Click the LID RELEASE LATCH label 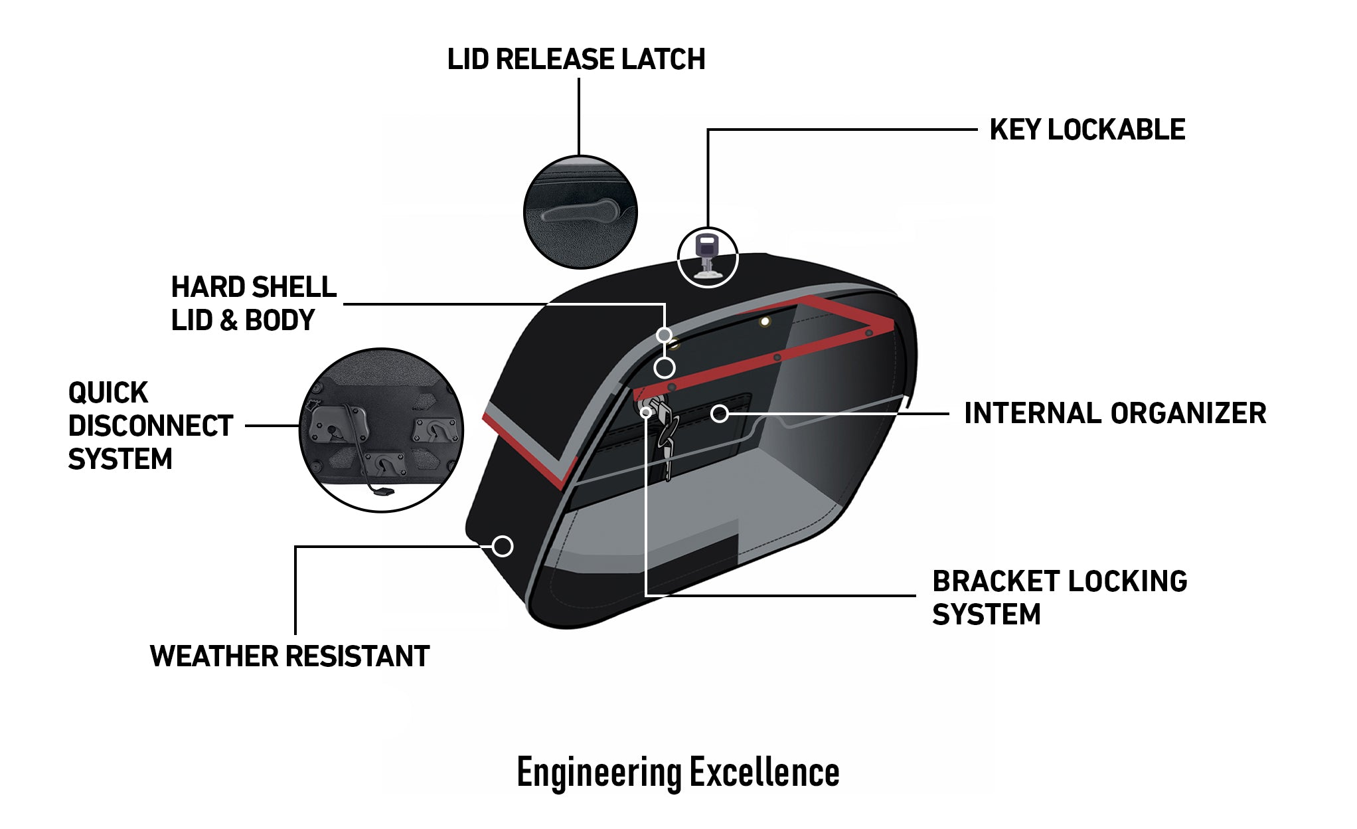(x=576, y=59)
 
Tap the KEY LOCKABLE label (x=1087, y=130)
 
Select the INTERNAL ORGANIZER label (x=1115, y=413)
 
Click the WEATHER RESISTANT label (x=289, y=656)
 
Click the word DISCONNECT (x=150, y=426)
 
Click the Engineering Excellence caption (x=678, y=773)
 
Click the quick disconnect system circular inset (x=381, y=430)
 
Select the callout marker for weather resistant (x=503, y=546)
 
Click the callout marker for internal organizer (x=719, y=414)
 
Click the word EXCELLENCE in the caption (x=764, y=773)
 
